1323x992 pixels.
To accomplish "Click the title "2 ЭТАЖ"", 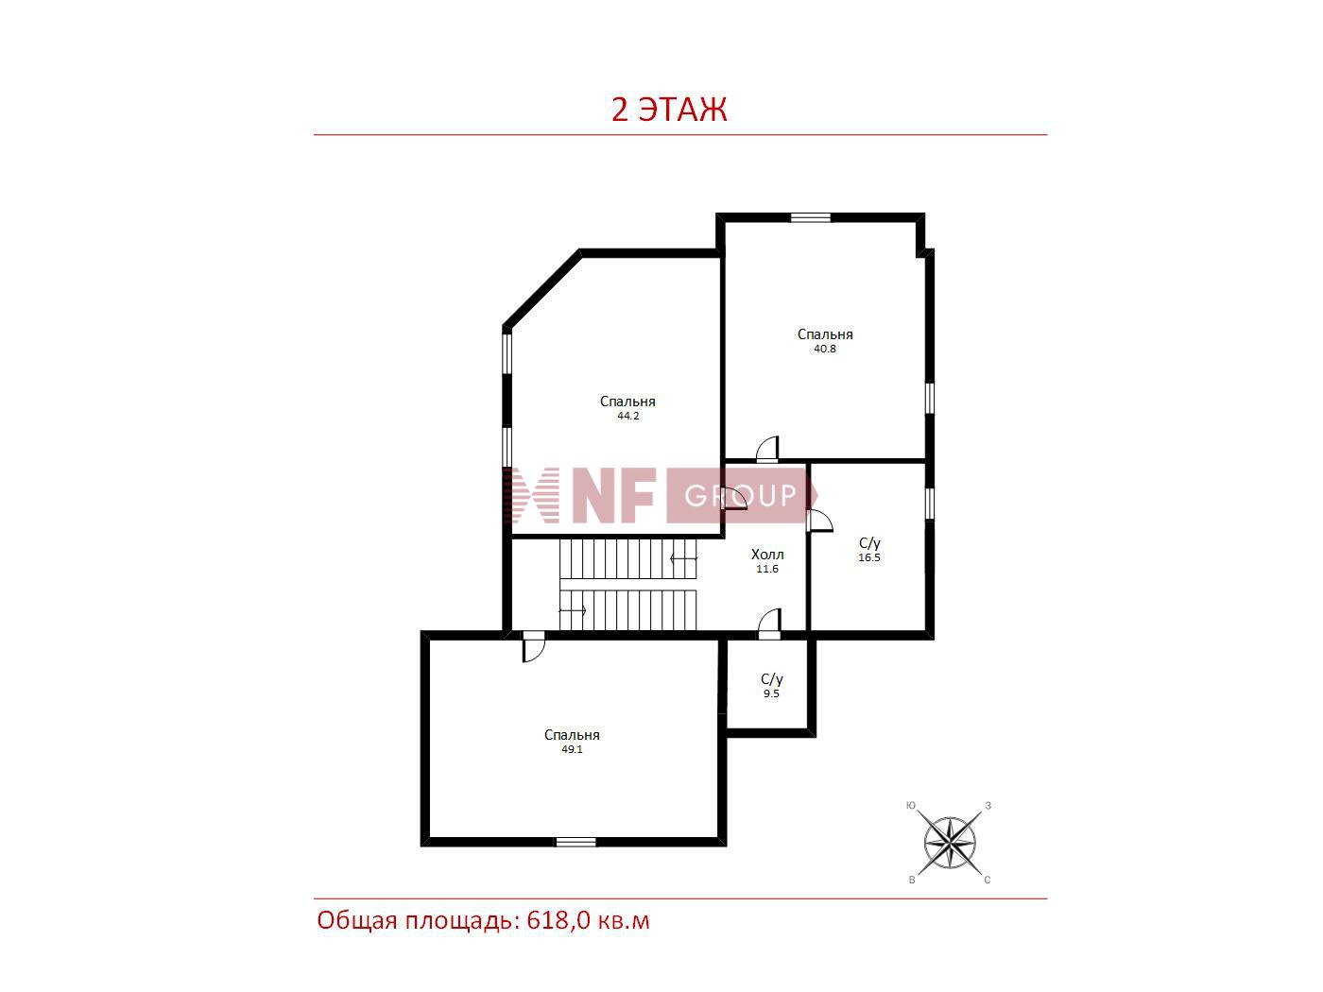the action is click(668, 110).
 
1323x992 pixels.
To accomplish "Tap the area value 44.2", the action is click(627, 416).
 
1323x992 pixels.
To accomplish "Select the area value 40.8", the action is click(825, 349).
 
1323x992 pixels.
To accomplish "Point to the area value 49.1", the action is click(572, 749).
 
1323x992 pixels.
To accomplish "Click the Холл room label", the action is click(767, 555).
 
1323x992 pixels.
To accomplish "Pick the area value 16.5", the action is click(869, 557).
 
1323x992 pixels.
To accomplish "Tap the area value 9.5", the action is click(771, 693).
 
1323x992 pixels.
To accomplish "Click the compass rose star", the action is click(950, 843).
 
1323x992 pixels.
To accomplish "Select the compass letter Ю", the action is click(911, 805).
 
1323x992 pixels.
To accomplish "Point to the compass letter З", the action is click(988, 805).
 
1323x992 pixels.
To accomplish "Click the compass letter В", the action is click(912, 880).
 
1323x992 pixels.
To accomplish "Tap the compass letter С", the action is click(988, 880).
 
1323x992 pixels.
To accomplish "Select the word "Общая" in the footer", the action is click(357, 921).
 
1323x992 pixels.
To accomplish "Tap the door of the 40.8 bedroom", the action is click(767, 450).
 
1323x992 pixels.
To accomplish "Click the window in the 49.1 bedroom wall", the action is click(575, 842).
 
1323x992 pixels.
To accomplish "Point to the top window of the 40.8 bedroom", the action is click(810, 217).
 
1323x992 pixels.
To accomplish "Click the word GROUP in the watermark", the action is click(740, 496).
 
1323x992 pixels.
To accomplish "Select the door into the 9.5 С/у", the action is click(769, 624).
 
